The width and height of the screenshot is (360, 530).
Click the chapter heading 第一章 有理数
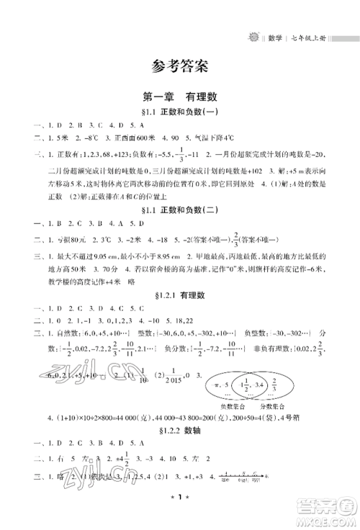click(181, 96)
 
